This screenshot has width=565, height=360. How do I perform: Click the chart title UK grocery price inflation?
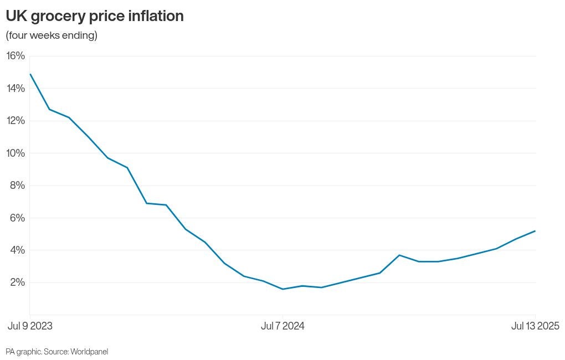point(95,17)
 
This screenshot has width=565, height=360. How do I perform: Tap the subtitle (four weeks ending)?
point(52,35)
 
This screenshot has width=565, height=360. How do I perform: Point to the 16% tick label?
point(16,56)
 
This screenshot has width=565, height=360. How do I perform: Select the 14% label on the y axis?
point(16,88)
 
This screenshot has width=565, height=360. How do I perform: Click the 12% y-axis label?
point(16,121)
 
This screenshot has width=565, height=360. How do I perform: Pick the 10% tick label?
point(16,153)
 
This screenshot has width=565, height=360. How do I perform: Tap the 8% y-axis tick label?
point(17,185)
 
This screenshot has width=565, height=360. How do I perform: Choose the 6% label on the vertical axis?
point(17,218)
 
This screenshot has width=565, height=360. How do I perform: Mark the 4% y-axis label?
point(17,250)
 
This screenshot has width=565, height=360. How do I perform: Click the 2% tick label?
point(17,282)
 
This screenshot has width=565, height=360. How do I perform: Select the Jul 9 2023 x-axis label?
point(30,326)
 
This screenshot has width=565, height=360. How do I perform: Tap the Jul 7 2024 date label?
point(282,326)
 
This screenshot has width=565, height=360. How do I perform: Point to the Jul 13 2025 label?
point(535,326)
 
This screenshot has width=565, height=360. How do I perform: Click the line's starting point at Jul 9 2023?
point(30,74)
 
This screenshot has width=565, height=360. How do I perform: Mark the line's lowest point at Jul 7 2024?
point(283,289)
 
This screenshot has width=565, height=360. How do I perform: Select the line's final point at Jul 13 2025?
point(535,231)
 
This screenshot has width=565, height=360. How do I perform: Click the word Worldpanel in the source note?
point(89,351)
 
